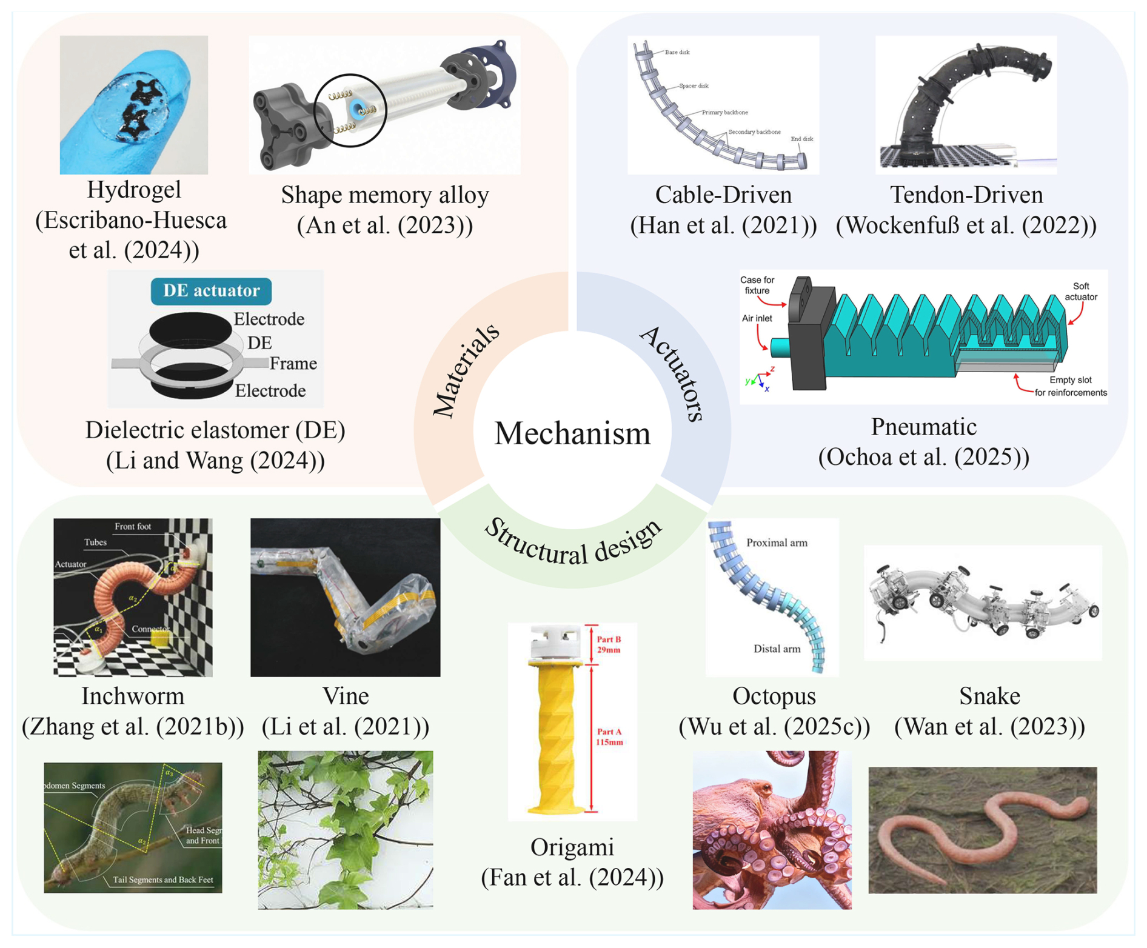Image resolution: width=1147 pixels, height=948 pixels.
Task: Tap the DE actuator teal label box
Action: [x=211, y=291]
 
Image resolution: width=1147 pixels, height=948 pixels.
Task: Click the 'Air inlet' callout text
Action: [x=757, y=318]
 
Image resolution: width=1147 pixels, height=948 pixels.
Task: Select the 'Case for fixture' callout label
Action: [x=757, y=285]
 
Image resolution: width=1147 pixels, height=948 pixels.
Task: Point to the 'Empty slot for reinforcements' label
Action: [x=1071, y=386]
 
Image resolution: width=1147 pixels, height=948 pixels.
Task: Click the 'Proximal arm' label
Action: [x=777, y=543]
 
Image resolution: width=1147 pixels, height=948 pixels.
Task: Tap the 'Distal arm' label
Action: [x=777, y=649]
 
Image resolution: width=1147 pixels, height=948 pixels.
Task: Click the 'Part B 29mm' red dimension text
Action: [x=609, y=644]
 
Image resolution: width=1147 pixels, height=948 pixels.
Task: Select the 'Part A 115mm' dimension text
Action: [x=609, y=737]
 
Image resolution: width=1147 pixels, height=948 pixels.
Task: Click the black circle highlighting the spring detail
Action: [x=350, y=110]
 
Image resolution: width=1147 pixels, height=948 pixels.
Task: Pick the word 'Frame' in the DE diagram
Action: [x=293, y=364]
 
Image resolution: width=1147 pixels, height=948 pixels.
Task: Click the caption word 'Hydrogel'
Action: [x=134, y=190]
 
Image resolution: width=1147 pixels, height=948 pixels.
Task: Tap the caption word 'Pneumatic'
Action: [x=923, y=427]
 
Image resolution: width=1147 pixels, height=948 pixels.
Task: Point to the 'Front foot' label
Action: [x=133, y=527]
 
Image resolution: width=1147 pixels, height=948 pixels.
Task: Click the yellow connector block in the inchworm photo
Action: [x=160, y=638]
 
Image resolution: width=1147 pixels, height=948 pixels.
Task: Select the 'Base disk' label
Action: [x=677, y=53]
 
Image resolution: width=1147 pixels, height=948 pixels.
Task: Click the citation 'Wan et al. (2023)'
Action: [x=989, y=727]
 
